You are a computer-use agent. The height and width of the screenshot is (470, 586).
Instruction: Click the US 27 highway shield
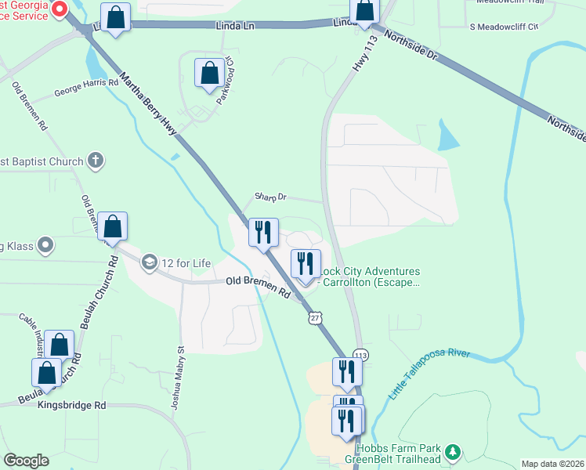coord(314,317)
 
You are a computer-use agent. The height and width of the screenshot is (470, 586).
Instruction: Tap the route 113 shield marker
coord(360,355)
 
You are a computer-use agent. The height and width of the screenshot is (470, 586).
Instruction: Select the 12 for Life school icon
coord(149,262)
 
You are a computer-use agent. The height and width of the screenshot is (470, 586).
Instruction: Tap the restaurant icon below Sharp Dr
coord(262,232)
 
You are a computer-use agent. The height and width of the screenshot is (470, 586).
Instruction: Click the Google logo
coord(26,461)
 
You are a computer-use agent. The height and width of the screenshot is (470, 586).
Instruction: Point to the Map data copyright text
coord(553,464)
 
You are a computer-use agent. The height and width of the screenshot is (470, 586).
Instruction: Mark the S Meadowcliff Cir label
coord(504,27)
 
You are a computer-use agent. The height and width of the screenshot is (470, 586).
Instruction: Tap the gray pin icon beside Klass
coord(45,246)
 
